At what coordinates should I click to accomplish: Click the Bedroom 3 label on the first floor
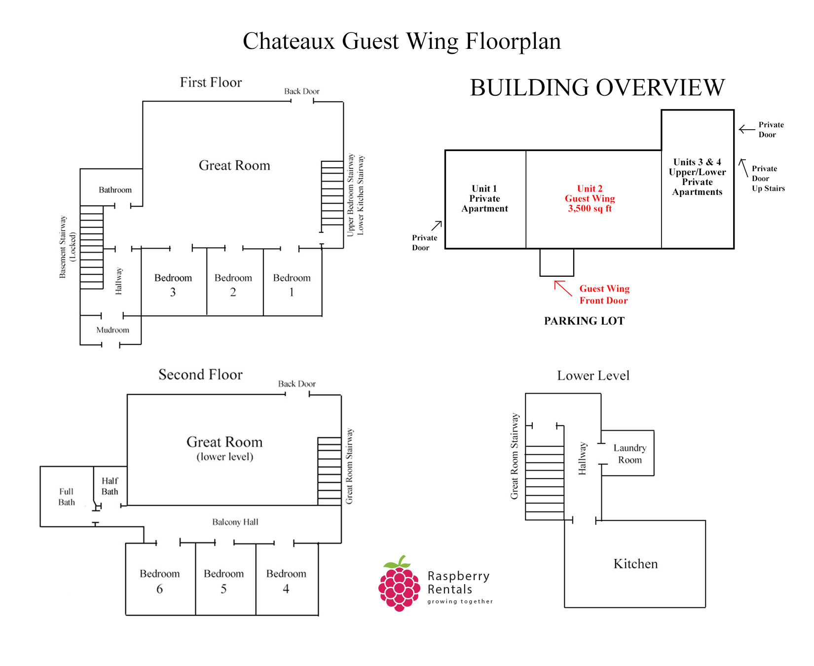(173, 285)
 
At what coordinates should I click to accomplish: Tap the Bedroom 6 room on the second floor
(160, 581)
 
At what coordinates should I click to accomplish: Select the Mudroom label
(112, 330)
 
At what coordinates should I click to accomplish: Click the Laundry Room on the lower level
(629, 454)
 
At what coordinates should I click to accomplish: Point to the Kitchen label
(635, 564)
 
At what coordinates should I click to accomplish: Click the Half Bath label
(110, 486)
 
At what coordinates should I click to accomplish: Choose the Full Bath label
(67, 497)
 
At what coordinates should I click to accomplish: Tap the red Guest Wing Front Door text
(604, 295)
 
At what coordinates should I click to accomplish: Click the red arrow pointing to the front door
(563, 288)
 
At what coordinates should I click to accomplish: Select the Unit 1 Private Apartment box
(485, 199)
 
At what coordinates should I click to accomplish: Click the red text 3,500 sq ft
(590, 209)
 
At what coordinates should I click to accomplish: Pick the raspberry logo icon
(399, 584)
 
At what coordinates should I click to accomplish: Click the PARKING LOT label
(584, 321)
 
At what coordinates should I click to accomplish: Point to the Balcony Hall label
(235, 522)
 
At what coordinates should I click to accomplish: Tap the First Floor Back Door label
(301, 91)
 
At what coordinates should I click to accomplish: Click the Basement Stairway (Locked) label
(68, 247)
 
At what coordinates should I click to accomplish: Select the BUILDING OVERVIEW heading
(597, 88)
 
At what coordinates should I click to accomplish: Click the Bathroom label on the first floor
(115, 190)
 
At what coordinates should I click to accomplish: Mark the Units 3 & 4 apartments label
(697, 177)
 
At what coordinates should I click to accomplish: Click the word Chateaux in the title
(289, 41)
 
